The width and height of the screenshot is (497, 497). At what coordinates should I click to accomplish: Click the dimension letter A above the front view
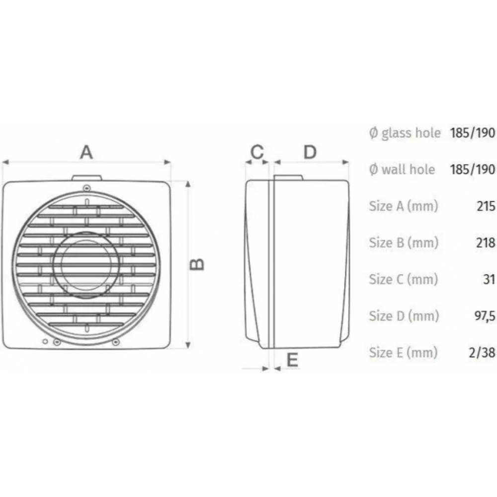pos(86,152)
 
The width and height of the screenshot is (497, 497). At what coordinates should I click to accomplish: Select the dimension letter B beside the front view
pos(198,264)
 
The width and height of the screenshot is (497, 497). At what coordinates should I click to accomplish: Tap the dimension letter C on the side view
pos(257,152)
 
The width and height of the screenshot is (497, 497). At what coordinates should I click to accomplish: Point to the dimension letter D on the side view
pos(310,152)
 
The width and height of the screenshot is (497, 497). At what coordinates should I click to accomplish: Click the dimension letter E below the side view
pos(292,359)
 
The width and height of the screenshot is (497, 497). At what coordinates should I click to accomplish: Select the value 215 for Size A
pos(486,206)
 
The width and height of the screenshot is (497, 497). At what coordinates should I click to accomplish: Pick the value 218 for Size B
pos(486,243)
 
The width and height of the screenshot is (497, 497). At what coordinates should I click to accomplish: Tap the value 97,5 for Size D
pos(484,316)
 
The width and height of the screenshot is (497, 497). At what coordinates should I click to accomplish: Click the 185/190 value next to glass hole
pos(472,133)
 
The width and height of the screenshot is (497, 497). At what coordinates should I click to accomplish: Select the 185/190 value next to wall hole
pos(472,169)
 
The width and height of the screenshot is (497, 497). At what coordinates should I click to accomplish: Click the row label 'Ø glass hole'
pos(405,133)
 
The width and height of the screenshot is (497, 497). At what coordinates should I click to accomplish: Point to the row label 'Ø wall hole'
pos(402,169)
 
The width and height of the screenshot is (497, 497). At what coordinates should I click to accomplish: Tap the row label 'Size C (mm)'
pos(403,279)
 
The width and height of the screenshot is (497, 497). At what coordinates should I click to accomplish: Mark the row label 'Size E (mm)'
pos(403,352)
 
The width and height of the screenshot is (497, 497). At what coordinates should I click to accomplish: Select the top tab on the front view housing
pos(87,177)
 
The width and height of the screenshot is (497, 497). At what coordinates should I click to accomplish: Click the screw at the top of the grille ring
pos(87,188)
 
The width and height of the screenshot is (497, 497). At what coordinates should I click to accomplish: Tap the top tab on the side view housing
pos(288,177)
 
